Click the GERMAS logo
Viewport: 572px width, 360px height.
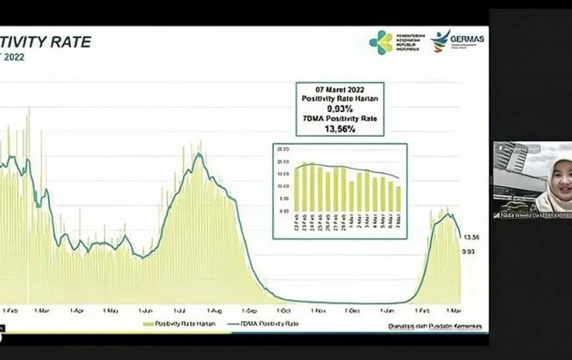[x=457, y=41]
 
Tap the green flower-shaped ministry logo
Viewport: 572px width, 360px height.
[x=381, y=42]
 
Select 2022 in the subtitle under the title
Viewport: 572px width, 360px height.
[x=14, y=58]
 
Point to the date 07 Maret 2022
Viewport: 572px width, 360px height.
[x=340, y=90]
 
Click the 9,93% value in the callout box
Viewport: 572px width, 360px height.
[x=340, y=109]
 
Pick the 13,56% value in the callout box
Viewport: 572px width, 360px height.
[x=340, y=128]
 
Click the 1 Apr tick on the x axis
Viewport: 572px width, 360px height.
[x=76, y=310]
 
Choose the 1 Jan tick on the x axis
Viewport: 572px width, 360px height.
[x=387, y=311]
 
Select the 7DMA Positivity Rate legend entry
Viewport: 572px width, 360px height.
[x=270, y=324]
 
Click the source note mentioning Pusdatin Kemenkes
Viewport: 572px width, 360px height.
[x=435, y=326]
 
